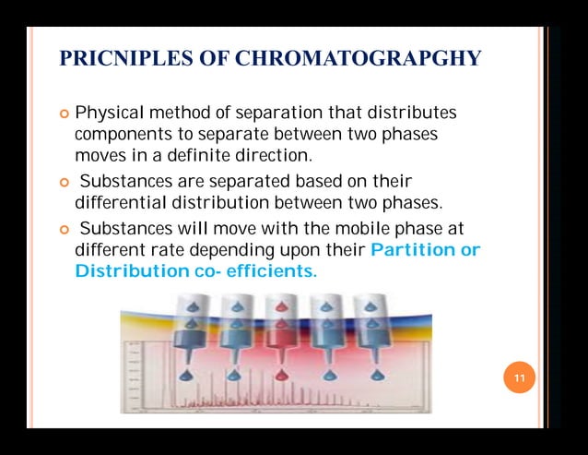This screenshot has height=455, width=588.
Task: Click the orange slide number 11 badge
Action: click(x=519, y=378)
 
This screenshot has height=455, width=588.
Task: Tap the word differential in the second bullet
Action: click(x=120, y=201)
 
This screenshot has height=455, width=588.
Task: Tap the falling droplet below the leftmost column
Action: click(x=191, y=375)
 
